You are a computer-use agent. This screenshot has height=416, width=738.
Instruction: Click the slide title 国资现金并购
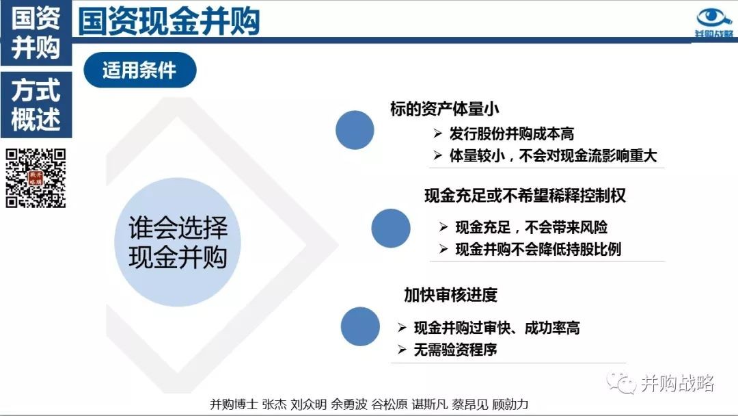click(169, 21)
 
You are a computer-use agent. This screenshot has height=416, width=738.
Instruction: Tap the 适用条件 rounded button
click(140, 70)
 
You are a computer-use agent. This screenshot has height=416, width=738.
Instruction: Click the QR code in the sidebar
click(36, 178)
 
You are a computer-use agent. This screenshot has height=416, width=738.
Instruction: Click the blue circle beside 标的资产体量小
click(355, 130)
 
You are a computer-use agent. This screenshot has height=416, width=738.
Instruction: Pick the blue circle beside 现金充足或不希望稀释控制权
click(391, 229)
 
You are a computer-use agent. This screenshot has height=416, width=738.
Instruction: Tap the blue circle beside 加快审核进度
click(360, 326)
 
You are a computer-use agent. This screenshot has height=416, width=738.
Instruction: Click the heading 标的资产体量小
click(444, 109)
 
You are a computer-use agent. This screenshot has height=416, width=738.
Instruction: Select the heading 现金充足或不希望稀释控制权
click(525, 196)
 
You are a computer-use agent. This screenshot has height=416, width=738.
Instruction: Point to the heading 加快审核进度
click(450, 295)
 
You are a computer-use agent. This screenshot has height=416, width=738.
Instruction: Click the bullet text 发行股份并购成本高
click(512, 134)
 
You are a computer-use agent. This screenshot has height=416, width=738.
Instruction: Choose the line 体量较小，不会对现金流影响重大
click(553, 155)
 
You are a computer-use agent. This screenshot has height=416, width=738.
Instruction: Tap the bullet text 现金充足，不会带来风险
click(532, 228)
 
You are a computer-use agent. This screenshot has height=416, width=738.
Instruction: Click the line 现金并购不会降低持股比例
click(538, 249)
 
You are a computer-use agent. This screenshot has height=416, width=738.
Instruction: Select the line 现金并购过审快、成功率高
click(497, 328)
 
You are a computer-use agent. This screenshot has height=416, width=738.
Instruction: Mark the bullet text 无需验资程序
click(455, 350)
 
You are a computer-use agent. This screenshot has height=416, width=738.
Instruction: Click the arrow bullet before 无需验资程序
click(402, 350)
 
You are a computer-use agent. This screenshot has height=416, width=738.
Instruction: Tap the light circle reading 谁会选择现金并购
click(178, 242)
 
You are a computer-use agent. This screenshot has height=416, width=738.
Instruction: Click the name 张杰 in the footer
click(274, 404)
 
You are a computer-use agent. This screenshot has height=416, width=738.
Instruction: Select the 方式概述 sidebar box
click(36, 105)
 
